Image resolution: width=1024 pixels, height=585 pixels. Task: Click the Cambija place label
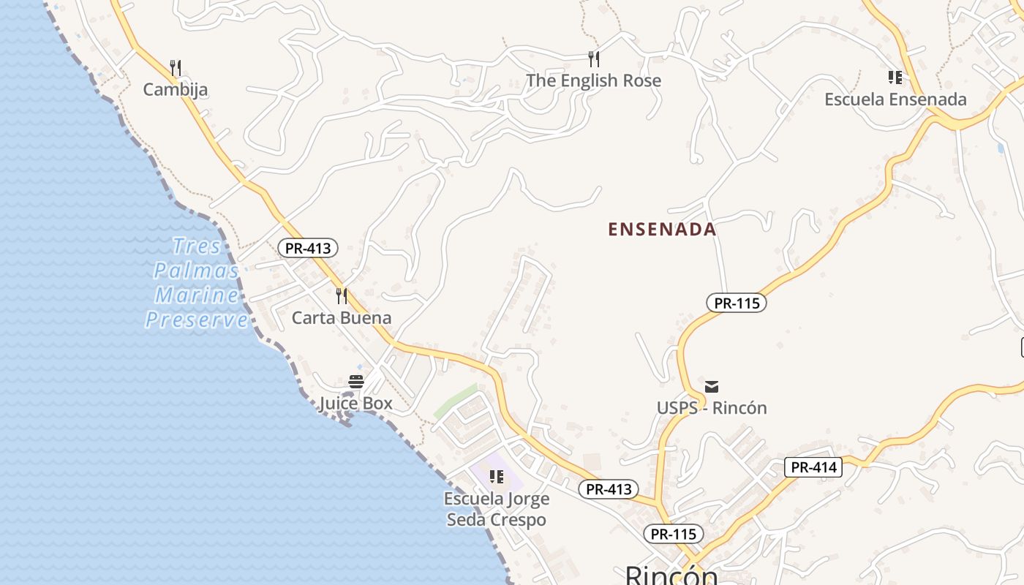click(176, 90)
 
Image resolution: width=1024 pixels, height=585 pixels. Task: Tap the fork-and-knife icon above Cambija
click(175, 68)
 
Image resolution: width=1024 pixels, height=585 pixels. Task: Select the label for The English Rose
click(593, 80)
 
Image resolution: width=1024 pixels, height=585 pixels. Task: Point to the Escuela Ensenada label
click(895, 99)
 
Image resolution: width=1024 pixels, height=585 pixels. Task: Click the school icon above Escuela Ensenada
click(895, 77)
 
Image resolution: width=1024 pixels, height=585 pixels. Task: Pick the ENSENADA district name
click(662, 230)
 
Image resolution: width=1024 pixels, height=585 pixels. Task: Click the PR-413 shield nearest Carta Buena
click(308, 248)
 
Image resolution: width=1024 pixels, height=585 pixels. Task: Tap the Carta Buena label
click(342, 318)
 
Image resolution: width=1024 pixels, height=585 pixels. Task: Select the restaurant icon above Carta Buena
click(342, 295)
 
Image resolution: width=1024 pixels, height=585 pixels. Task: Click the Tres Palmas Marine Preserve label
click(195, 283)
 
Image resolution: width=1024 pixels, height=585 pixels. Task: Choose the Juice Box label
click(355, 404)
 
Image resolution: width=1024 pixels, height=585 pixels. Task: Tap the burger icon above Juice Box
click(356, 381)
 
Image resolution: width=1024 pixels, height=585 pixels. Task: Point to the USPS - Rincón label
click(712, 408)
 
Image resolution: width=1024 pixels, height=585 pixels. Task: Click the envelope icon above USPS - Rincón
click(712, 386)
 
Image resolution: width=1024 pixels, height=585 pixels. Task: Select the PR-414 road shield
click(813, 467)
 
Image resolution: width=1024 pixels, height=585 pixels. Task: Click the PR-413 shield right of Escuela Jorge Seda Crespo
click(609, 489)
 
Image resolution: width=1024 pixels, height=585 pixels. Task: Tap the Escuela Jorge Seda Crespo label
click(497, 510)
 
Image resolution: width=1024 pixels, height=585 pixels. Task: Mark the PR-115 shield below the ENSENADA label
click(736, 303)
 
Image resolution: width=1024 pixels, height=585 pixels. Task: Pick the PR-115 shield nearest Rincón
click(674, 534)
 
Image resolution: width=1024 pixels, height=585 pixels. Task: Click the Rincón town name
click(671, 575)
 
